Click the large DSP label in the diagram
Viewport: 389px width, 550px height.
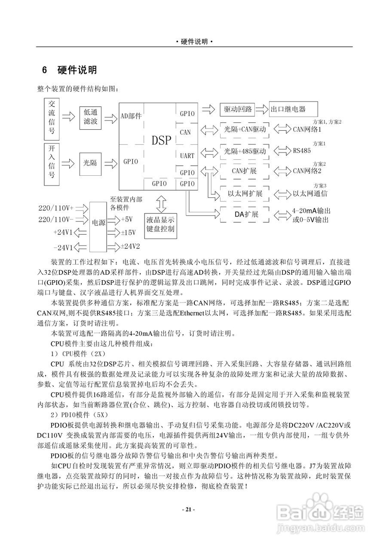[162, 141]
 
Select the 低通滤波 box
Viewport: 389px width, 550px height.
[91, 116]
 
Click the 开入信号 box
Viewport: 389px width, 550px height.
[52, 164]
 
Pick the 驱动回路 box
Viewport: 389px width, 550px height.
[237, 109]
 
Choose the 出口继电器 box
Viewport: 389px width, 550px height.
[293, 109]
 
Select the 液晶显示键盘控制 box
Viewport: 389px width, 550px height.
[160, 223]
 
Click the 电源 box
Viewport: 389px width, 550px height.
[98, 223]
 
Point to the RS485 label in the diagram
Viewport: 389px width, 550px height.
[302, 151]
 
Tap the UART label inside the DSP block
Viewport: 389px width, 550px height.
[187, 156]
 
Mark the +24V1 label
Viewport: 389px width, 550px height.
[63, 232]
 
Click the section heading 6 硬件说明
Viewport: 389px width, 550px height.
[69, 70]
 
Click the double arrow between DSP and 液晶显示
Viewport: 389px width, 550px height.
[162, 204]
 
